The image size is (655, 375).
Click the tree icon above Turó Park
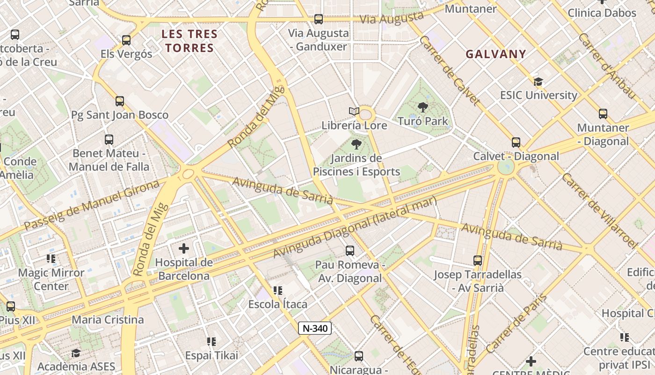[423, 107]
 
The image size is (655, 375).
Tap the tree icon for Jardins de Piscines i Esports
[357, 144]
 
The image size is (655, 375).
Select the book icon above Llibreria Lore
[354, 112]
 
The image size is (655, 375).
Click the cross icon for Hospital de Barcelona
[184, 248]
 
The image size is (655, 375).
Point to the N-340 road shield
[315, 328]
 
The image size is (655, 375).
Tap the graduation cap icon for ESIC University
[538, 82]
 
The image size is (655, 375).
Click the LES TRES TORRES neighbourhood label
[189, 41]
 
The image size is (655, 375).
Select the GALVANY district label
[496, 54]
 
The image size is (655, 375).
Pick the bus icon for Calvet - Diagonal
[516, 142]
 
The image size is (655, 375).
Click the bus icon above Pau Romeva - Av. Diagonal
[349, 251]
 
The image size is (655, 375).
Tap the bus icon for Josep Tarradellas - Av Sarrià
[478, 261]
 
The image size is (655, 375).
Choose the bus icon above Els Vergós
[126, 40]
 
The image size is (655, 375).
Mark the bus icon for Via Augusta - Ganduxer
[319, 19]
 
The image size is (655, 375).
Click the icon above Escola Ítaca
[278, 291]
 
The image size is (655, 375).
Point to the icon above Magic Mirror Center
[51, 259]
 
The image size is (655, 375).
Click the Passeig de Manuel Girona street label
[92, 205]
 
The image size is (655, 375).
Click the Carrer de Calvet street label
[449, 70]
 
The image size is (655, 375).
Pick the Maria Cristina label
[108, 320]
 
